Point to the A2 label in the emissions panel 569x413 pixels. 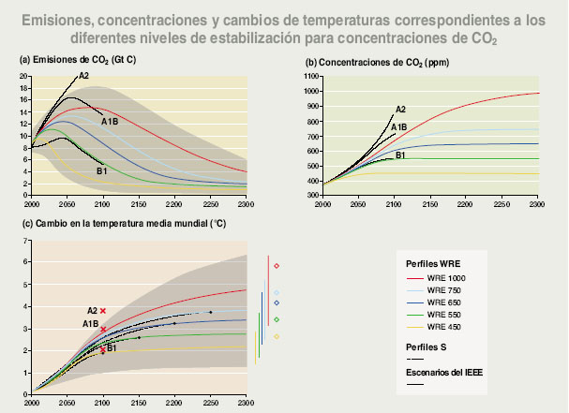point(83,76)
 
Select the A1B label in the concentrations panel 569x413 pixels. point(398,126)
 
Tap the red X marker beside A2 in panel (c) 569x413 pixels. point(103,311)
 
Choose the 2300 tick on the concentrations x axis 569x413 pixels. point(537,202)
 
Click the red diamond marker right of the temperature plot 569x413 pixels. point(277,266)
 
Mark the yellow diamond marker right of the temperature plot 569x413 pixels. point(277,336)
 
